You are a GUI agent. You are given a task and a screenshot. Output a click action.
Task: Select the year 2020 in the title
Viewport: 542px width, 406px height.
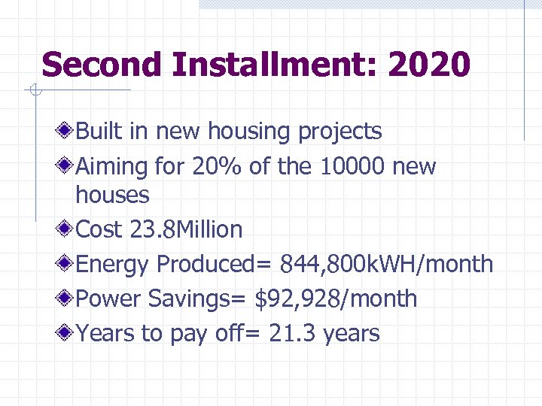point(429,65)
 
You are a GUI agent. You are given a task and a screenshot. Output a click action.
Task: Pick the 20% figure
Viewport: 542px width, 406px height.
point(217,166)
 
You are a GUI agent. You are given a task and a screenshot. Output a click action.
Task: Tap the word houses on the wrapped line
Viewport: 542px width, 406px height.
point(112,195)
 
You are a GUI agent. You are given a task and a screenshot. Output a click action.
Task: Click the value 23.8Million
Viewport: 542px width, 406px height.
point(186,229)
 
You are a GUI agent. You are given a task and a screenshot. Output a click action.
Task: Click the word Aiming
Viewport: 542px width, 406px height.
point(112,167)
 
